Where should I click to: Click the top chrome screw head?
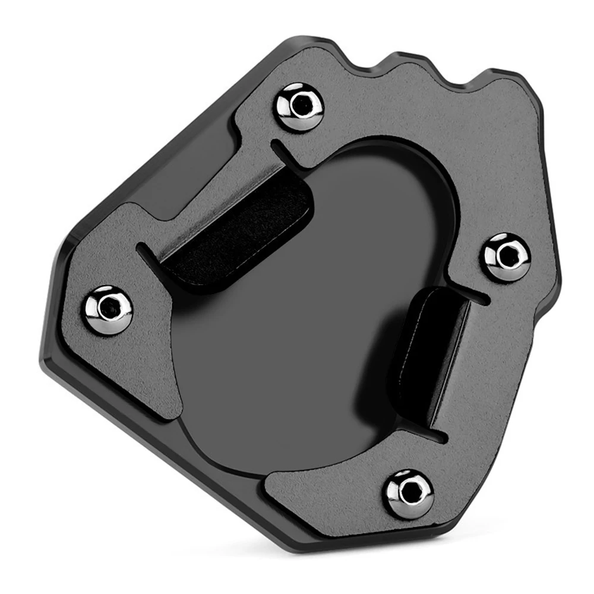pyautogui.click(x=301, y=106)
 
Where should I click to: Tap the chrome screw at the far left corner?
pyautogui.click(x=107, y=309)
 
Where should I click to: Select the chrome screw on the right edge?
pyautogui.click(x=506, y=257)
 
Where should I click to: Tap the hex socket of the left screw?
pyautogui.click(x=108, y=308)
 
